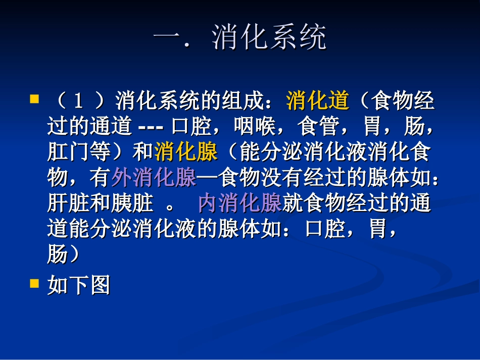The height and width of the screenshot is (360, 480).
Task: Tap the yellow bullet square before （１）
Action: [34, 98]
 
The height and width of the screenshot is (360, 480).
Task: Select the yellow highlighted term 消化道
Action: [318, 101]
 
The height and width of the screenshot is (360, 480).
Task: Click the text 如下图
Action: [78, 286]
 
